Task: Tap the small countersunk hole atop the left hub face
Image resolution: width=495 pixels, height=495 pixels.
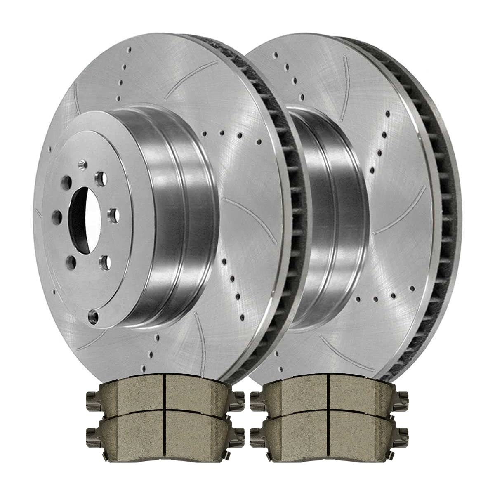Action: (x=85, y=165)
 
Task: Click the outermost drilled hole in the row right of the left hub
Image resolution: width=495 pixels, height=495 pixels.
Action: (x=259, y=142)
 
